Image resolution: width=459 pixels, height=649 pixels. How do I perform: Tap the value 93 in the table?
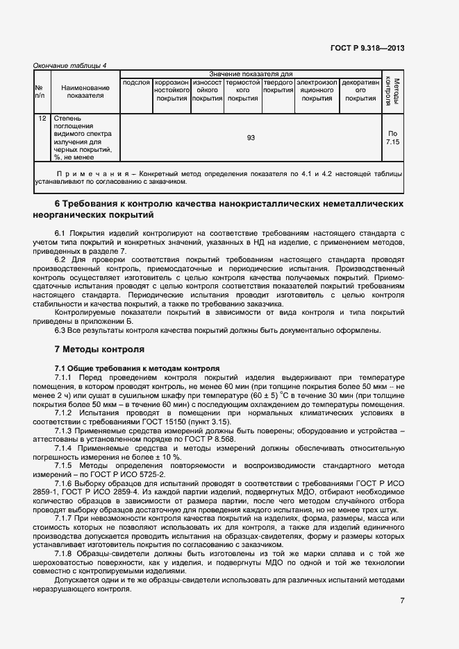[251, 137]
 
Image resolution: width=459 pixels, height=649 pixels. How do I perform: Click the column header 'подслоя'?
[136, 83]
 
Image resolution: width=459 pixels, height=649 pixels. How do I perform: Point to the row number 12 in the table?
[42, 119]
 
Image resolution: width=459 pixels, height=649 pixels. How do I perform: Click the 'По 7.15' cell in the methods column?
[393, 137]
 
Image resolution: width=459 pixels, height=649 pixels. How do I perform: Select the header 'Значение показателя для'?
[251, 73]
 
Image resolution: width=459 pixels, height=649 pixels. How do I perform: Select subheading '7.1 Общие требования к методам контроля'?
[137, 367]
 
